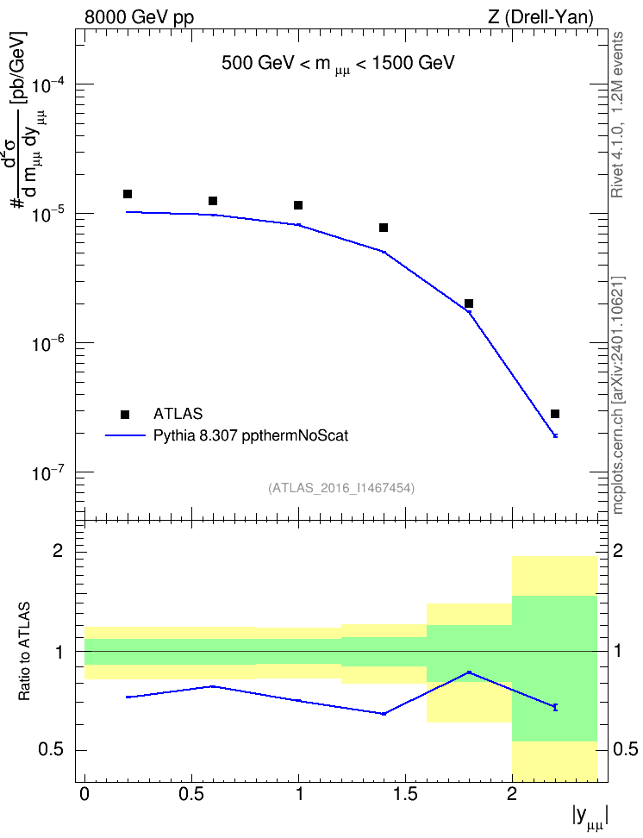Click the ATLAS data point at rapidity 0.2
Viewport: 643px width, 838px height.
(128, 194)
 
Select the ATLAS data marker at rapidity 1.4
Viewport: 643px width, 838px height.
(384, 228)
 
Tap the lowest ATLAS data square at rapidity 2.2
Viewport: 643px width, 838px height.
(555, 414)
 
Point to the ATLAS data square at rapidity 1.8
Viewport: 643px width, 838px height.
(469, 303)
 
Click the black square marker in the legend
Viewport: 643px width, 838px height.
(125, 415)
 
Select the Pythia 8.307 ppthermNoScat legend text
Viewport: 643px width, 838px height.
(251, 435)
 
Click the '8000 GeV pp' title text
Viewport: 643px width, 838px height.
(139, 17)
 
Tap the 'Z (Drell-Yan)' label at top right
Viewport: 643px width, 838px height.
(540, 17)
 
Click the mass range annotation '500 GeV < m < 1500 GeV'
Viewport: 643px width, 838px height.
(338, 64)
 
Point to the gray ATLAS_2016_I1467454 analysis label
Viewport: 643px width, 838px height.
(341, 488)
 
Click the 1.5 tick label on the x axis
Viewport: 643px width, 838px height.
(405, 794)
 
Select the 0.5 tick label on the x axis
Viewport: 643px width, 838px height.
(191, 794)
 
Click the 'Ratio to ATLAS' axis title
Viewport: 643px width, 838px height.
(24, 651)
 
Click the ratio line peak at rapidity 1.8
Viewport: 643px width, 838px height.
(469, 672)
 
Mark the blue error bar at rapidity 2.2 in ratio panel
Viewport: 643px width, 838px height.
(555, 707)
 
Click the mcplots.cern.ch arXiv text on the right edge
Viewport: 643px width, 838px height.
(618, 395)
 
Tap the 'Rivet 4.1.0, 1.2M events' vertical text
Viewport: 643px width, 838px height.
(617, 115)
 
